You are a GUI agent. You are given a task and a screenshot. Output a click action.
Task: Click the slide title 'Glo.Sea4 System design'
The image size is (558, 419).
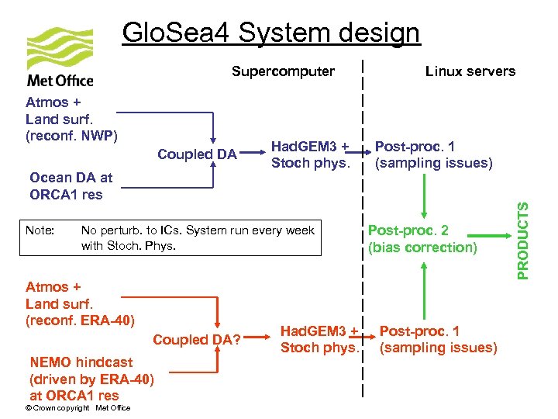(270, 33)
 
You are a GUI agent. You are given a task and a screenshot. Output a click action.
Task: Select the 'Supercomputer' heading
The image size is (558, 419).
(283, 71)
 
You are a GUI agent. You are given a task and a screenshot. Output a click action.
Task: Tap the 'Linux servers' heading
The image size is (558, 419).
(470, 71)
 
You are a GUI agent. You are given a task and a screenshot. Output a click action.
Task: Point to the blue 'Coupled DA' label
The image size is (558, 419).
(197, 154)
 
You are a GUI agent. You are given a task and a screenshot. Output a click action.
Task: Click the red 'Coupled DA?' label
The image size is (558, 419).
(197, 340)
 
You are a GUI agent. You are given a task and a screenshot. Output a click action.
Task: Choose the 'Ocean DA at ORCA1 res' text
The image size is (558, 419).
(70, 186)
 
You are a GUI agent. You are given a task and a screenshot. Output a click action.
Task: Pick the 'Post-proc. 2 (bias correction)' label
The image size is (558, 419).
(422, 239)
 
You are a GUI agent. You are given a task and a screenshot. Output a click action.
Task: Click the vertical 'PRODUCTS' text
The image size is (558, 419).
(524, 241)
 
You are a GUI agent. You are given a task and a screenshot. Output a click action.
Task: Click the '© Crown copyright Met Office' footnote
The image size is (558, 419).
(77, 408)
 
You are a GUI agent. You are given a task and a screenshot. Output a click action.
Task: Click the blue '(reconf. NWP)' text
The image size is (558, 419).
(71, 137)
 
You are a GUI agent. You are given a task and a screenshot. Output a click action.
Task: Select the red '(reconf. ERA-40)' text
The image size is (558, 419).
(80, 320)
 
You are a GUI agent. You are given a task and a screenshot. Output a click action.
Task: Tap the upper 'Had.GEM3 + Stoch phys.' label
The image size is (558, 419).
(310, 154)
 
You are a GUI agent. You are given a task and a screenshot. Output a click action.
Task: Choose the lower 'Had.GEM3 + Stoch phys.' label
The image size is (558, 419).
(319, 340)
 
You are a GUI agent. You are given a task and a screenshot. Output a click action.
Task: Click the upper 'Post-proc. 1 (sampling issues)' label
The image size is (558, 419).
(433, 154)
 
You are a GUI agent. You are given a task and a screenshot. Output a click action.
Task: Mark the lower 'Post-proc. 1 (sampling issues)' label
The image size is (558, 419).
(438, 340)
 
